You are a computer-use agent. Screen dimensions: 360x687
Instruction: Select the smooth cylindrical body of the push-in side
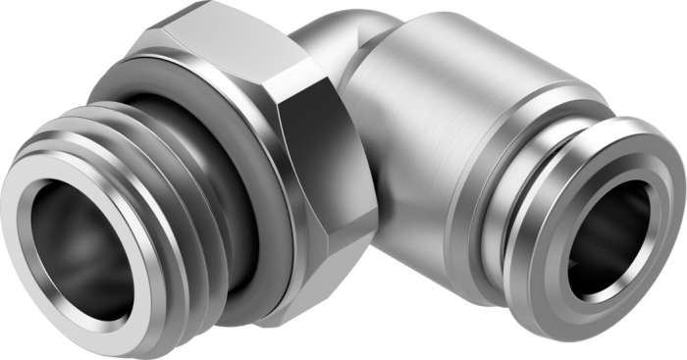(x=432, y=157)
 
